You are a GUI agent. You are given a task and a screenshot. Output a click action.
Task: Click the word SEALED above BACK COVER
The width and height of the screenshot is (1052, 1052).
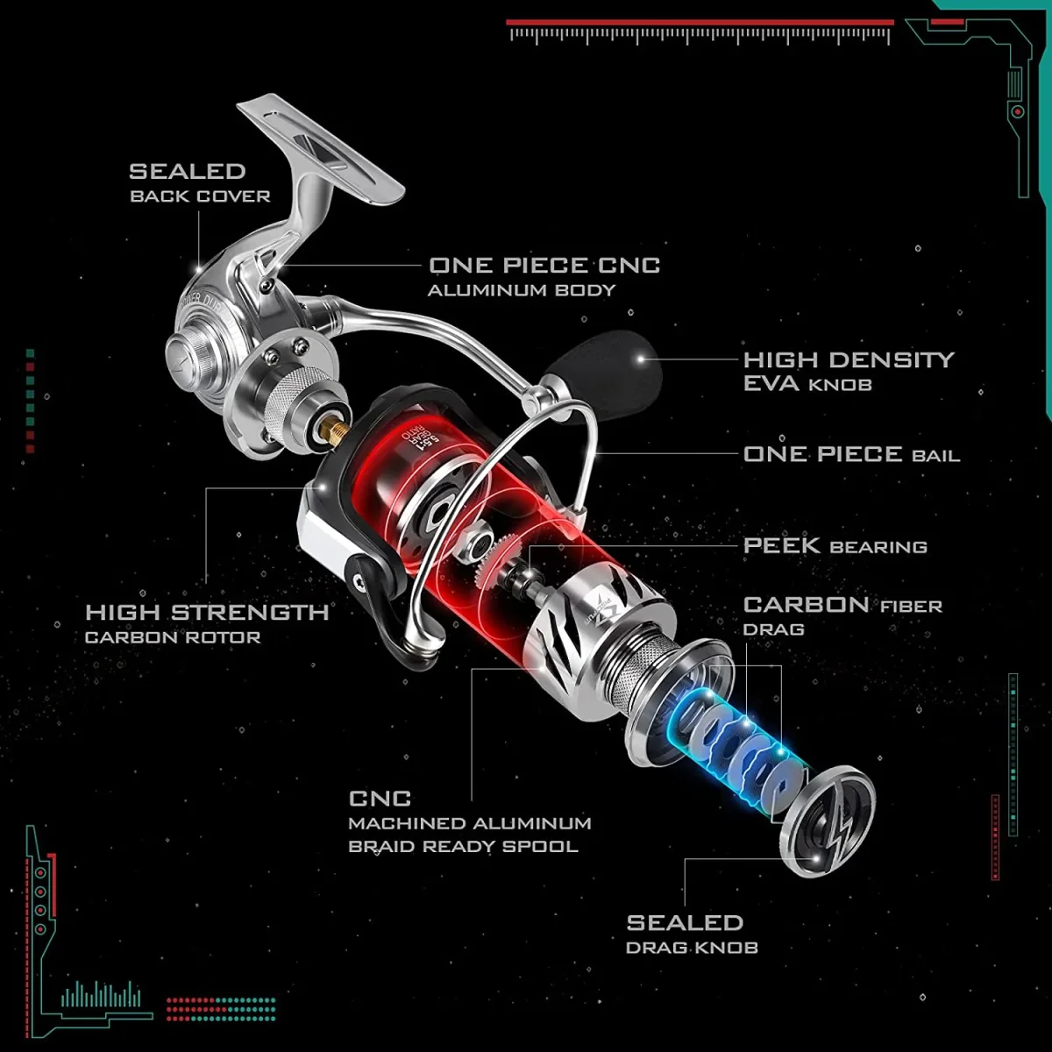187,171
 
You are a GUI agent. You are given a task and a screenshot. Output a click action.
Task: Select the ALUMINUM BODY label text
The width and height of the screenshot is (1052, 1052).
522,290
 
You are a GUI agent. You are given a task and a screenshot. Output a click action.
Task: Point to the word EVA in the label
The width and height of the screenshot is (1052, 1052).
771,384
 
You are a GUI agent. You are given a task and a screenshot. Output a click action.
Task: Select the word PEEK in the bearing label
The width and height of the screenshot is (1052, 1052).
782,545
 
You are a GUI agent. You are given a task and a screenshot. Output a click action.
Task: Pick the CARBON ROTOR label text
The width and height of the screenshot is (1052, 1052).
173,637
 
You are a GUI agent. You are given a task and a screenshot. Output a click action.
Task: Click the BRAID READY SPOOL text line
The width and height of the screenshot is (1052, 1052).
463,847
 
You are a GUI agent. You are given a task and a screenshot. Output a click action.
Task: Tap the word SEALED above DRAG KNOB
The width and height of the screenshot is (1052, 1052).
685,922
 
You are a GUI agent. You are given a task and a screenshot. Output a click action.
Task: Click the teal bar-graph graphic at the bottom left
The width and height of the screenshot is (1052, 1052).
101,994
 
